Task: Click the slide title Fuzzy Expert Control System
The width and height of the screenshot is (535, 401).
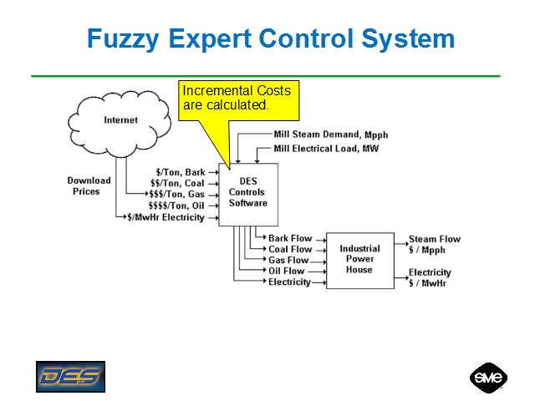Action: point(271,39)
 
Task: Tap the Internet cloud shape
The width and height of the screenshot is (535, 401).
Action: point(120,121)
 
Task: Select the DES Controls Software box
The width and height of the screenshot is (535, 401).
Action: point(247,192)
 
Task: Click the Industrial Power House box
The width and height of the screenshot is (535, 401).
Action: point(359,259)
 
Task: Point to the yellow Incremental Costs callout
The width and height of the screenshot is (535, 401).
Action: point(241,99)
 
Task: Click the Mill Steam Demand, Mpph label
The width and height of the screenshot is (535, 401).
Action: point(330,135)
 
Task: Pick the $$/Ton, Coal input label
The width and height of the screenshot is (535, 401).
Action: point(176,184)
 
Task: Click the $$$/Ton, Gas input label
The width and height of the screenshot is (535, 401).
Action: point(176,195)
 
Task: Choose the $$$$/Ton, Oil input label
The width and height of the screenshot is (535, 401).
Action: point(176,206)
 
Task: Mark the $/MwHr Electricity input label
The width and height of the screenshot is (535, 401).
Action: point(166,217)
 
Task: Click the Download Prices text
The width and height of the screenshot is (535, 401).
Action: point(89,185)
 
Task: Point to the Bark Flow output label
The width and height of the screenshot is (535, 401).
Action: point(290,238)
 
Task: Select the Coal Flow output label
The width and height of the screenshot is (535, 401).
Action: point(290,249)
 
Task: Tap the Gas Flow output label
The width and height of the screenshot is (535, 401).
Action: point(288,260)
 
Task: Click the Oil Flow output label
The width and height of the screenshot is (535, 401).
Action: point(287,271)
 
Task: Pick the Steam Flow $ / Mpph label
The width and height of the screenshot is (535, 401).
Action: point(434,244)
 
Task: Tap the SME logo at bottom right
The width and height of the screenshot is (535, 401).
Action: point(487,378)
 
